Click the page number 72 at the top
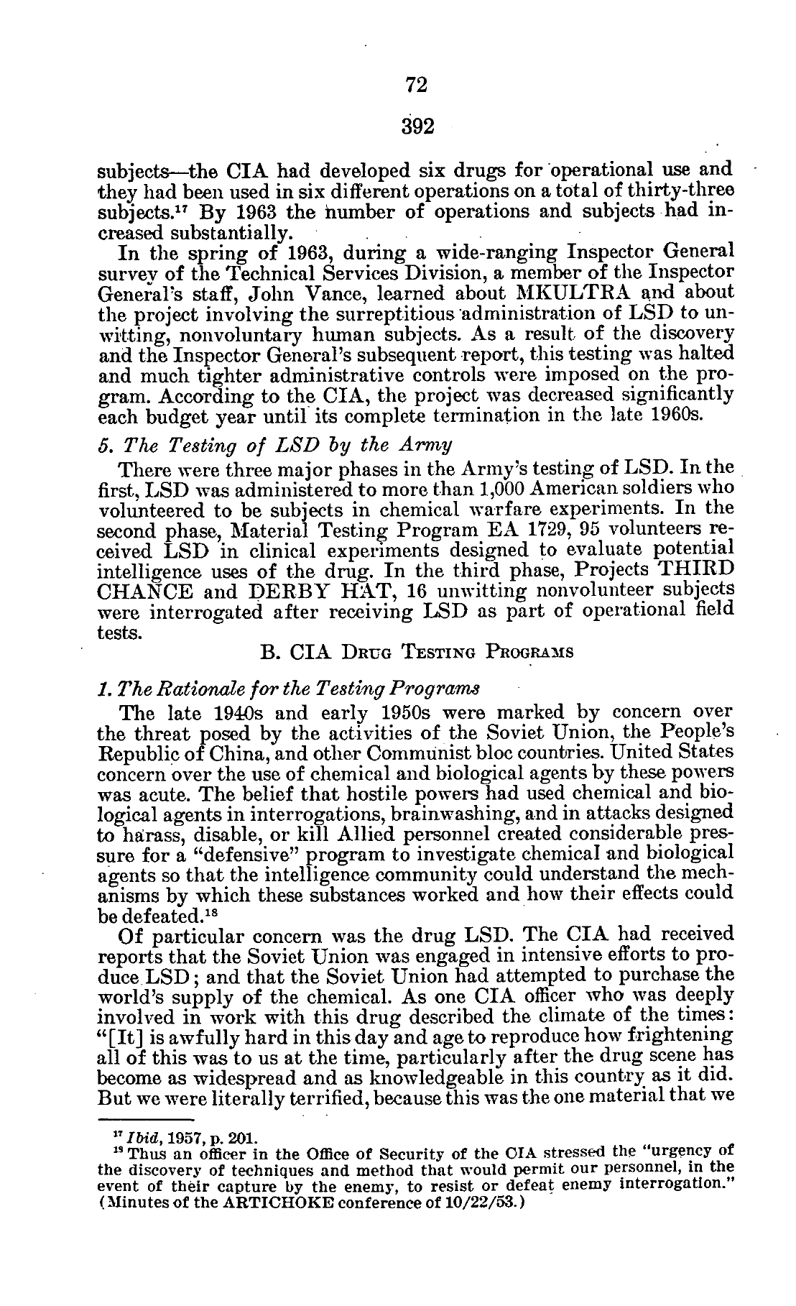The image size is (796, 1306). [x=417, y=85]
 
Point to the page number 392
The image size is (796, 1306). [x=417, y=127]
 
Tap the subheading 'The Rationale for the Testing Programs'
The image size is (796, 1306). [x=291, y=689]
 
